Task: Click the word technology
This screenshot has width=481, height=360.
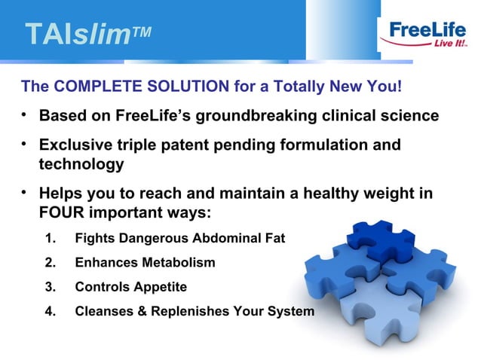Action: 81,163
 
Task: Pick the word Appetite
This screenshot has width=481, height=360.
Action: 158,287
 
